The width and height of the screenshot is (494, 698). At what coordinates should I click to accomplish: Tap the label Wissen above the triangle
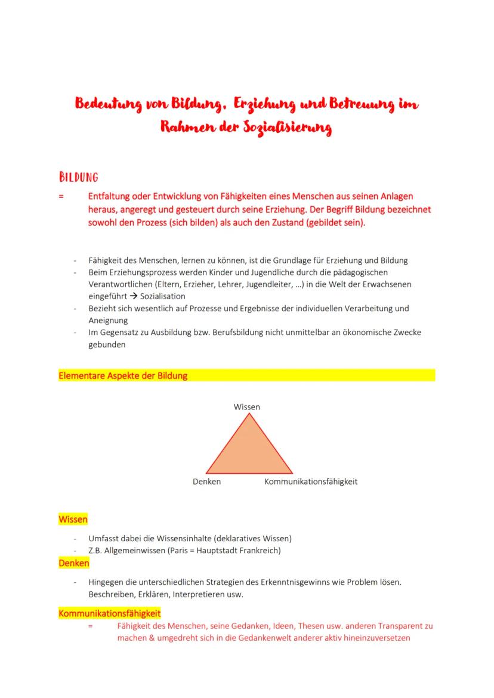(247, 407)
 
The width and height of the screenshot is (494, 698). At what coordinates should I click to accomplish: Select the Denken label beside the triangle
(206, 482)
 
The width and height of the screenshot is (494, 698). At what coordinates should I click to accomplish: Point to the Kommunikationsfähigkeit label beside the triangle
(311, 482)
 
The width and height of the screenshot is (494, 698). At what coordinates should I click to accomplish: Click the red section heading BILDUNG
(78, 177)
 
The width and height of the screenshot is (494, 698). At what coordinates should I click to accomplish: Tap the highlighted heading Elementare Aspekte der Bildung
(123, 376)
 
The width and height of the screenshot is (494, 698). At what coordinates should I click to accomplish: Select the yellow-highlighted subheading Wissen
(73, 519)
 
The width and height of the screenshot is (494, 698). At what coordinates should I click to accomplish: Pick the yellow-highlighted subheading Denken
(74, 563)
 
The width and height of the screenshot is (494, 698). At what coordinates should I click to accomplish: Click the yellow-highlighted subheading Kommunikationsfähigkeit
(109, 613)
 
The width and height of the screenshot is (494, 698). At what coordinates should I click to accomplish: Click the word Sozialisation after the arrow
(163, 296)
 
